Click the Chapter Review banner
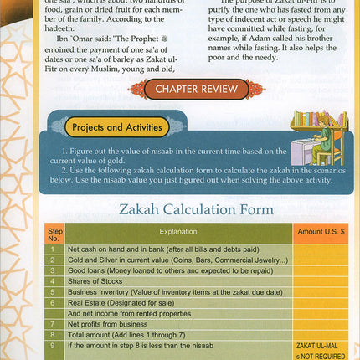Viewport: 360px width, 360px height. [197, 89]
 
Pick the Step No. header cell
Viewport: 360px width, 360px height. [54, 232]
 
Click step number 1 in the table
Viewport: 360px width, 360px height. [54, 249]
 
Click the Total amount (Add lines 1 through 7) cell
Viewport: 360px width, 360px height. [130, 333]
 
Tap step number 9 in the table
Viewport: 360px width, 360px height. [54, 345]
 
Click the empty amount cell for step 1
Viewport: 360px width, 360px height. [319, 249]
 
